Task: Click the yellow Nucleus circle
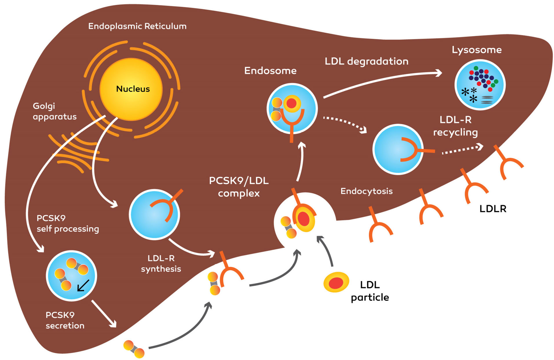tap(131, 89)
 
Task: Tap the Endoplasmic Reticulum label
tap(137, 26)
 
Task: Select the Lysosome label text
tap(476, 50)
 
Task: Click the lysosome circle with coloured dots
tap(480, 85)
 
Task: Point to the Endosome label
tap(270, 71)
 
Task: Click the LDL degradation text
tap(366, 61)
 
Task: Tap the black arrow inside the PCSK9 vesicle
tap(83, 285)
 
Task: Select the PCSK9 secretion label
tap(65, 320)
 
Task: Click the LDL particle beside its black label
tap(336, 282)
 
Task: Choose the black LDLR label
tap(493, 209)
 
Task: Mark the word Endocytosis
tap(366, 191)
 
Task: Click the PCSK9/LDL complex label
tap(239, 187)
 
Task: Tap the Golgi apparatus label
tap(54, 111)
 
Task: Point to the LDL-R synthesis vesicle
tap(154, 215)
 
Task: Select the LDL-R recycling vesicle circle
tap(398, 149)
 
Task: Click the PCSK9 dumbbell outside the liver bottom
tap(134, 349)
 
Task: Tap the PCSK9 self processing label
tap(67, 223)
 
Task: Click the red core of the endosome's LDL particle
tap(291, 103)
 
